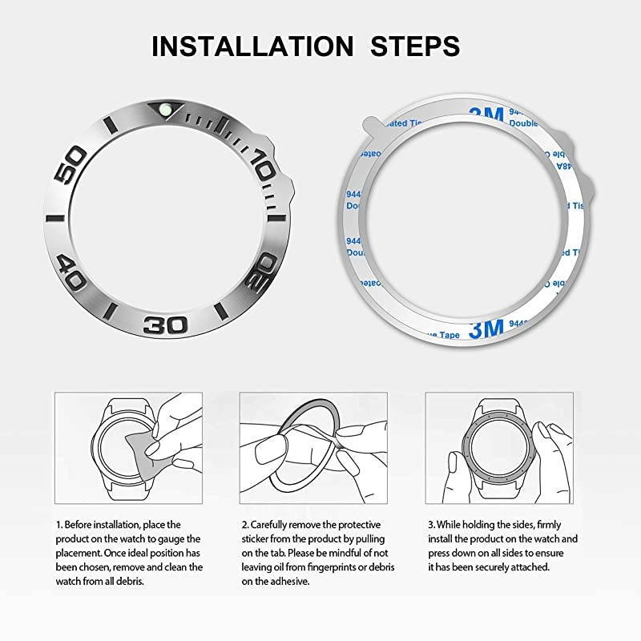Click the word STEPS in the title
[x=415, y=45]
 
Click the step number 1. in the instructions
[x=58, y=524]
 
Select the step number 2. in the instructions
[x=244, y=524]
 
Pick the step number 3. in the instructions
[x=430, y=524]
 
